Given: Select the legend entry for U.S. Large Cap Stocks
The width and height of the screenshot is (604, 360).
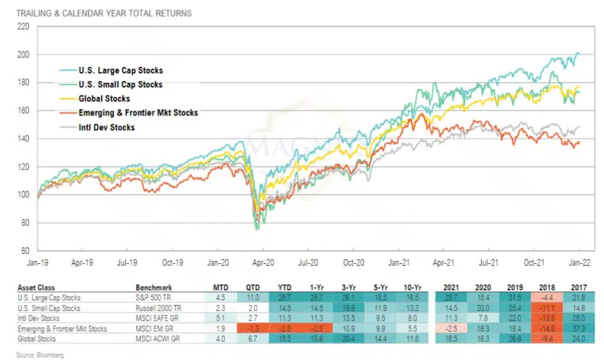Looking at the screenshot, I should (111, 70).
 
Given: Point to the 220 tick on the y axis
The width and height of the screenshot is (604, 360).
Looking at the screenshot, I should (23, 26).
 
